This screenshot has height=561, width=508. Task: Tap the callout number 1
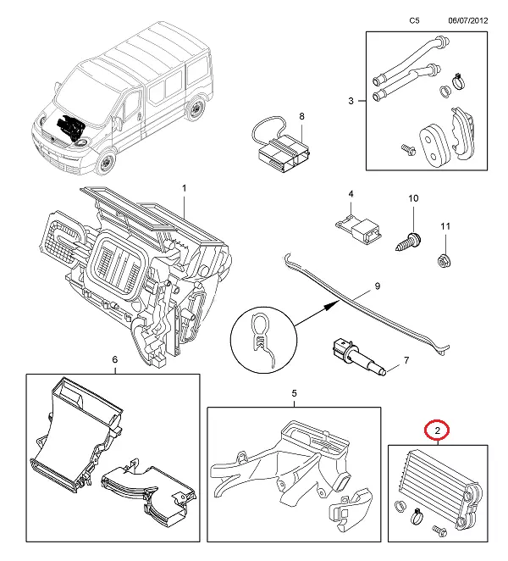(184, 186)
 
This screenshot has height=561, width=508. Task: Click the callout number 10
(413, 198)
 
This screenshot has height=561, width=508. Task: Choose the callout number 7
(406, 360)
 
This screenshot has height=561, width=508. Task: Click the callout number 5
(294, 393)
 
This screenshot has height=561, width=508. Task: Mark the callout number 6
(115, 359)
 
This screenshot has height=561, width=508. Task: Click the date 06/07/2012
(467, 19)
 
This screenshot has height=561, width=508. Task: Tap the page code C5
(414, 19)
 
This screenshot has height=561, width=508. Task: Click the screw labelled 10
(406, 236)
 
